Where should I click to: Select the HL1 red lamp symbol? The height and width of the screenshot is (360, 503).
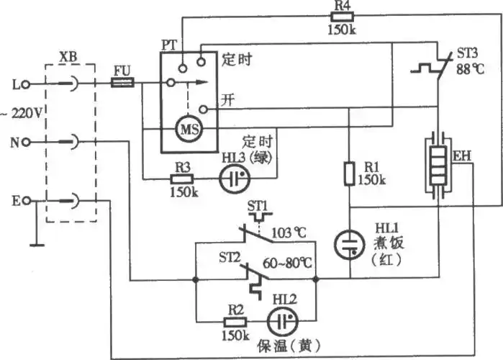pyautogui.click(x=350, y=243)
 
